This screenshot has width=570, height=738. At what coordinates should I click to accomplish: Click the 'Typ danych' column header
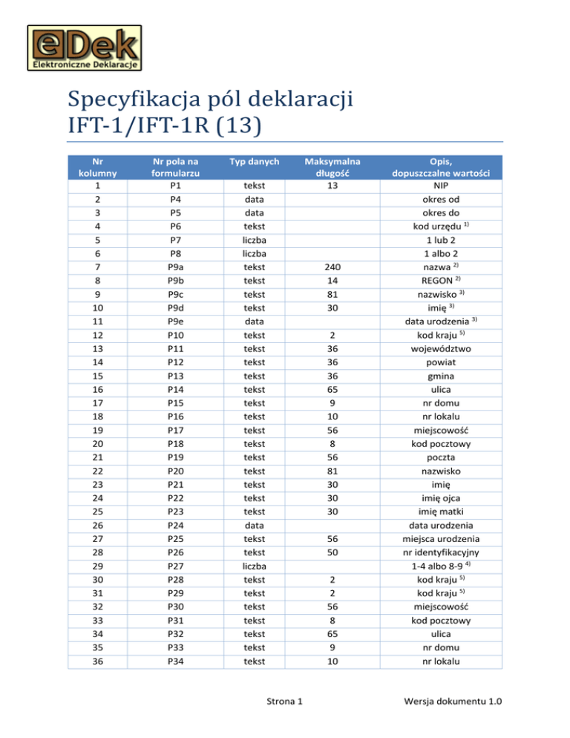(x=253, y=160)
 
